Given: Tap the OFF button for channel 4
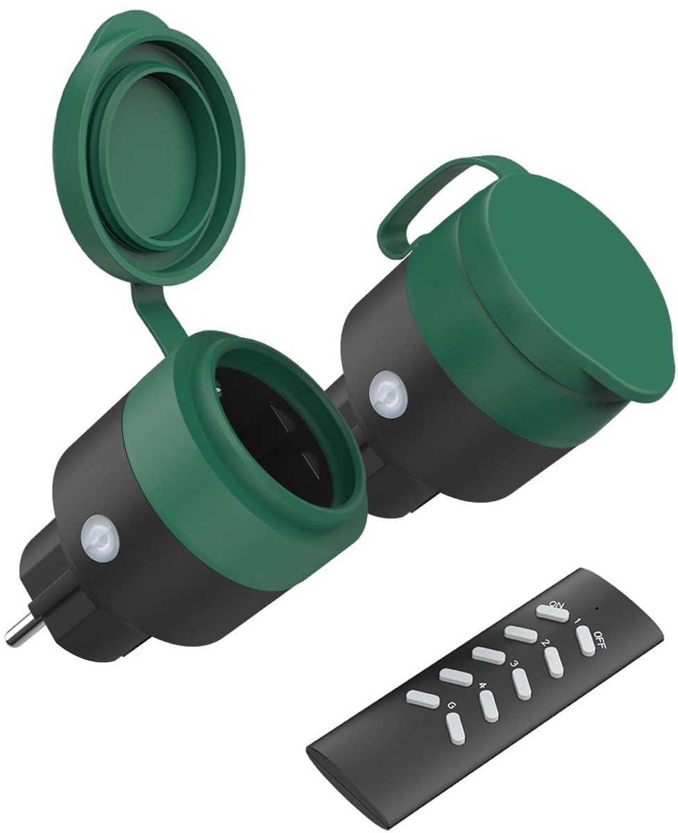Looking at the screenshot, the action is (489, 723).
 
